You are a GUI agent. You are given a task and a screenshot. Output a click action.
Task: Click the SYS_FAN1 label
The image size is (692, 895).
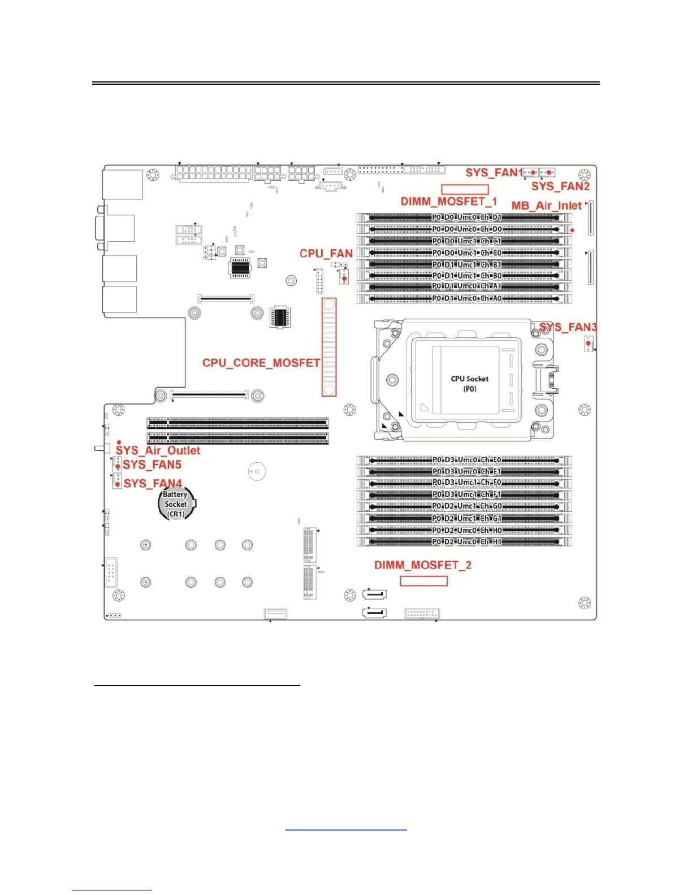click(x=494, y=172)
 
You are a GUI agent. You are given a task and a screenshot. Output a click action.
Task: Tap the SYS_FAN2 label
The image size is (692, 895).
click(x=560, y=186)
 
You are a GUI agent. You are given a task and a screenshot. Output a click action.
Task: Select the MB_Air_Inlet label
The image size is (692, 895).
click(x=546, y=206)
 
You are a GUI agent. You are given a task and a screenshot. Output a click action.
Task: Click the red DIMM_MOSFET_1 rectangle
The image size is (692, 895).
click(x=465, y=189)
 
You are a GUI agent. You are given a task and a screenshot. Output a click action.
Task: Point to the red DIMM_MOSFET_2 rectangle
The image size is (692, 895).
click(x=423, y=581)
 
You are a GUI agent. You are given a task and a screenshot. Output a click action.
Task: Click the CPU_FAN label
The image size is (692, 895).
click(x=326, y=254)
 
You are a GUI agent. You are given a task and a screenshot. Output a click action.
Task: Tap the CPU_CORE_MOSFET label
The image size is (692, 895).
click(x=261, y=363)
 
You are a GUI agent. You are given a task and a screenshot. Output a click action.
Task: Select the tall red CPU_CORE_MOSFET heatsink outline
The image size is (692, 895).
click(x=329, y=347)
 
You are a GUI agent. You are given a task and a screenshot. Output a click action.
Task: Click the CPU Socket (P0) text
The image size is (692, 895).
click(x=469, y=384)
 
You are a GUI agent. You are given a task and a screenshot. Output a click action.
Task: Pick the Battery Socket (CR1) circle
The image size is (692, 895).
click(x=176, y=504)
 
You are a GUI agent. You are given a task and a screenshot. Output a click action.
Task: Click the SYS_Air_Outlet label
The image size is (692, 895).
click(x=158, y=450)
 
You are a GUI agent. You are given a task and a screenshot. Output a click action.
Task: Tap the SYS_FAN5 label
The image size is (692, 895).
click(x=152, y=465)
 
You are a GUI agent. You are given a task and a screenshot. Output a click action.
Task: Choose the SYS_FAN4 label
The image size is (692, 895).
click(x=153, y=484)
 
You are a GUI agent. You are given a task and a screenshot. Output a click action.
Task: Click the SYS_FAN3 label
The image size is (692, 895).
click(x=568, y=327)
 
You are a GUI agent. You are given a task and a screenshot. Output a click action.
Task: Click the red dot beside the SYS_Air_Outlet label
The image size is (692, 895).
click(x=119, y=442)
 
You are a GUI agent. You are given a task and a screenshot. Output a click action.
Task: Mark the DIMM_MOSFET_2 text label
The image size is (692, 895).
click(x=422, y=565)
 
